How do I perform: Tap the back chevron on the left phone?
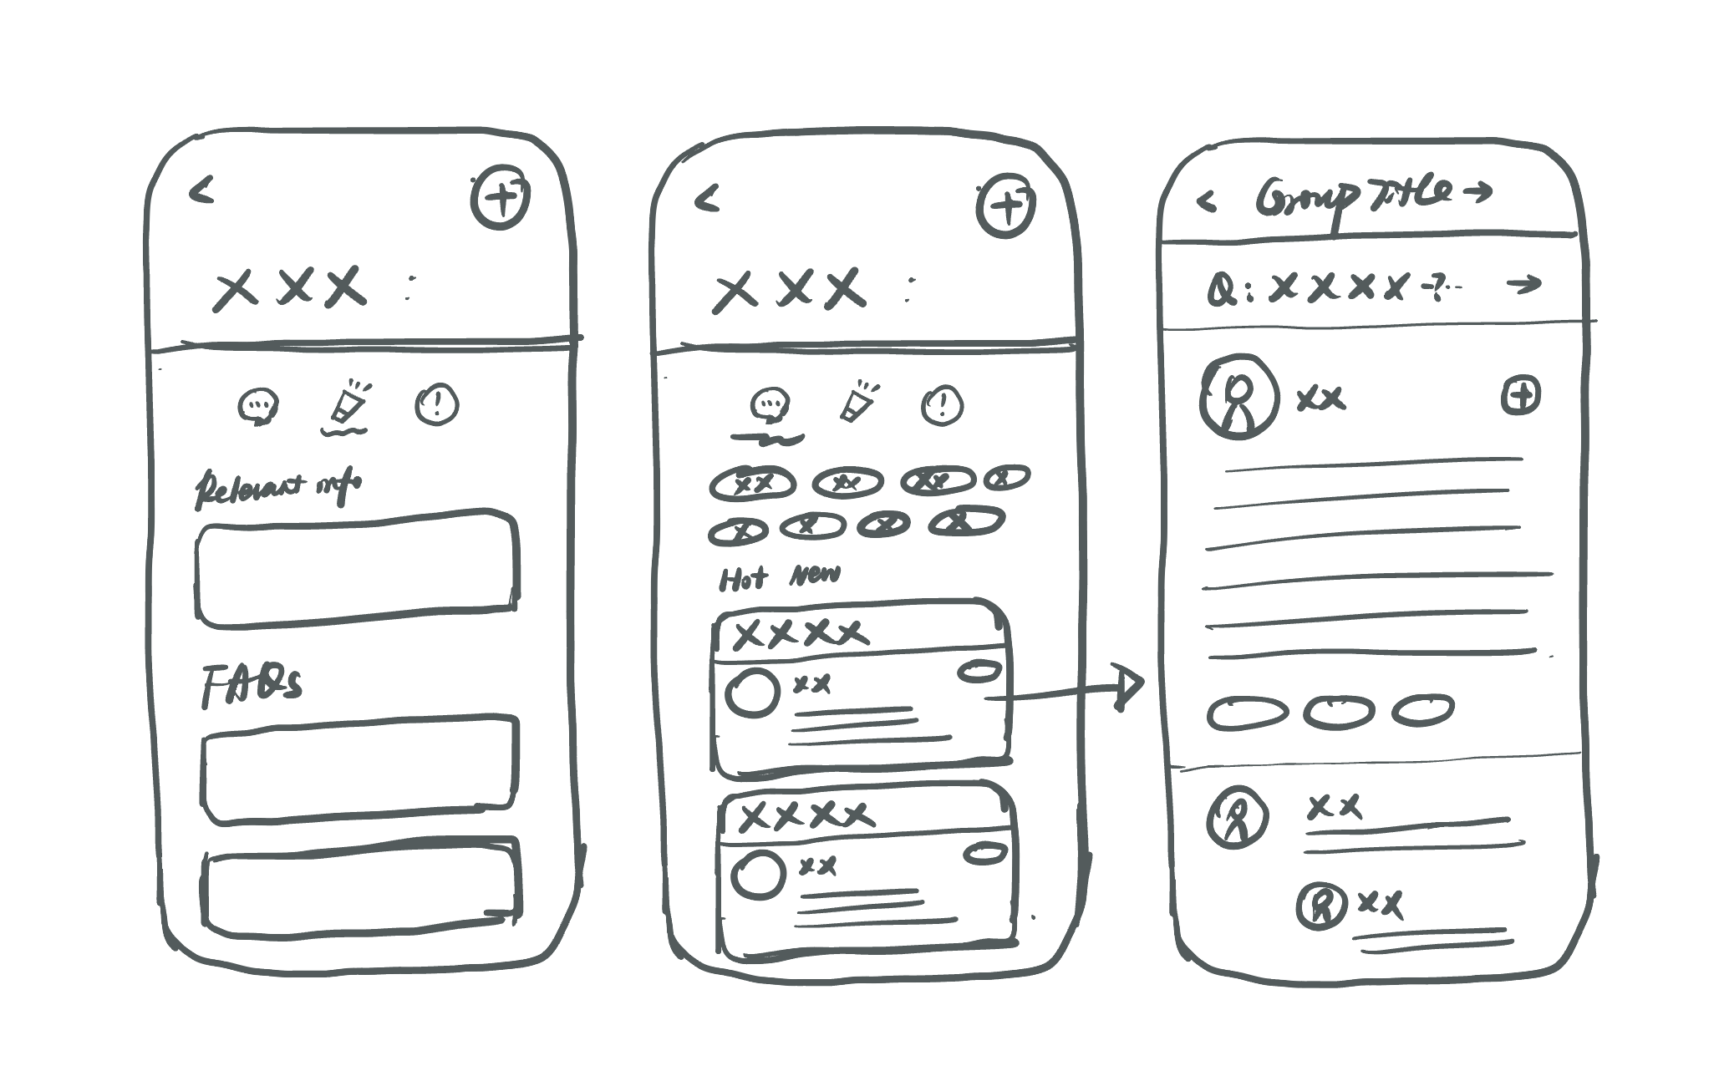tap(201, 191)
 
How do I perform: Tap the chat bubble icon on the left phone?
tap(258, 407)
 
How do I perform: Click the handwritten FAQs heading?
tap(252, 686)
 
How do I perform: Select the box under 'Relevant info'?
tap(357, 567)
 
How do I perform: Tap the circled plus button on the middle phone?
tap(1006, 206)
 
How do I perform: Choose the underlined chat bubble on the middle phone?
tap(769, 406)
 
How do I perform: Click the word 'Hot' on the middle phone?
tap(742, 578)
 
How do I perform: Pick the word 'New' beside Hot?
tap(815, 575)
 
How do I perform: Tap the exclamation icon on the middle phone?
tap(942, 406)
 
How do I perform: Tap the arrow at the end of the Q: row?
tap(1523, 285)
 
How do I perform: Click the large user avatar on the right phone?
tap(1238, 397)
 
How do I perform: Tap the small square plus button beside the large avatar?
tap(1521, 395)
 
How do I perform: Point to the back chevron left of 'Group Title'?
tap(1206, 201)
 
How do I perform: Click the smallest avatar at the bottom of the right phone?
tap(1321, 906)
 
